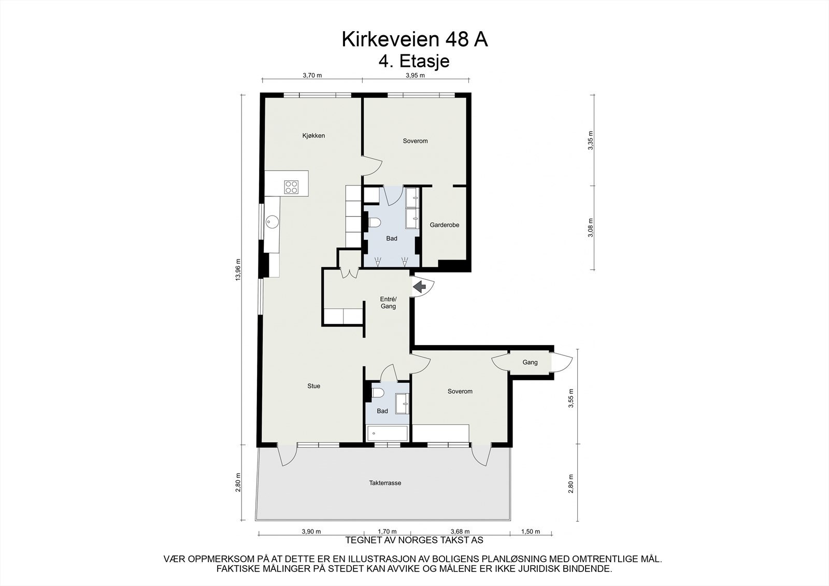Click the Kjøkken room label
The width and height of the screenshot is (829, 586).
pos(313,136)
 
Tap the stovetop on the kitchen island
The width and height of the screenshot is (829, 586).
pos(291,187)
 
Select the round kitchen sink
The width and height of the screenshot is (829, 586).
pos(271,222)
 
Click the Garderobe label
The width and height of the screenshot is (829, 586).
pos(445,225)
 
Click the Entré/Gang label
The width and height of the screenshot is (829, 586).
pos(388,303)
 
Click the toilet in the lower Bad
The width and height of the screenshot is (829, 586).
pos(377,393)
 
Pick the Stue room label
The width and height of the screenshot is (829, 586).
pos(313,386)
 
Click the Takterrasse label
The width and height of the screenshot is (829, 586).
pos(385,483)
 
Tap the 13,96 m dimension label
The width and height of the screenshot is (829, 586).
pos(238,269)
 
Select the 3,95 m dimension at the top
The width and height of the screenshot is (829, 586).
pos(414,75)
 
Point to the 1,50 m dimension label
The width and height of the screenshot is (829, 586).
pos(530,532)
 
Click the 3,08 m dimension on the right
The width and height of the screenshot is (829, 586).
pos(590,228)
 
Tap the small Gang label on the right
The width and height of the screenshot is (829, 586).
pos(530,363)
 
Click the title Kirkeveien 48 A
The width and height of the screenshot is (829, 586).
pos(414,40)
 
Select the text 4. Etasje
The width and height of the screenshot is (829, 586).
pos(414,61)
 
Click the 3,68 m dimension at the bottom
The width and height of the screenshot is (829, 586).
pos(460,532)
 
